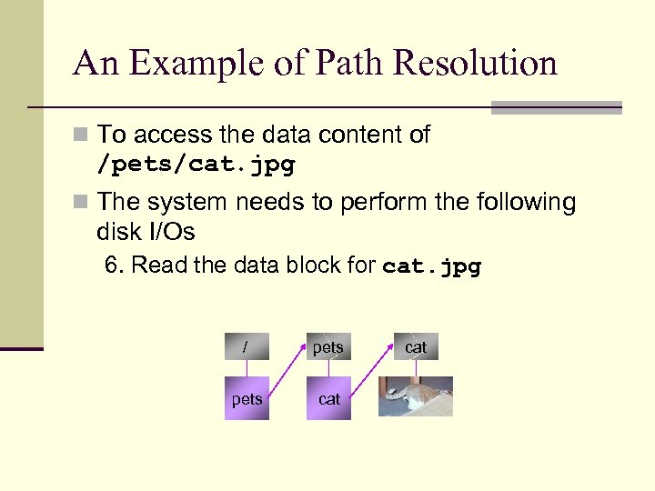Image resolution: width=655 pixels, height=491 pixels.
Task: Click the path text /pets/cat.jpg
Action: (x=196, y=165)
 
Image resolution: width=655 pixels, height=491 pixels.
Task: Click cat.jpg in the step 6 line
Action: (x=432, y=266)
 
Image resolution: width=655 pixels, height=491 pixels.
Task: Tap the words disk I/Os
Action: (x=146, y=232)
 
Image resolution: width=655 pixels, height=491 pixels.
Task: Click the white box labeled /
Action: (x=247, y=347)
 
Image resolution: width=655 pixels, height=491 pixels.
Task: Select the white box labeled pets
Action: (x=328, y=347)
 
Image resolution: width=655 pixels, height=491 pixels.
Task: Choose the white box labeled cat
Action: (x=416, y=347)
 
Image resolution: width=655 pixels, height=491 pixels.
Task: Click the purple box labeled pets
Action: (x=247, y=398)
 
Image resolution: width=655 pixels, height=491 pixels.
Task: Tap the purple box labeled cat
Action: (x=328, y=398)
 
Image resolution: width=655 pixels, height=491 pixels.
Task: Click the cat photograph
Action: (x=416, y=396)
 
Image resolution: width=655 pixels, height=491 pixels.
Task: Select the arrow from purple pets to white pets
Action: (x=287, y=373)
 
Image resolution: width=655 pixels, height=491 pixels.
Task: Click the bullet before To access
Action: (x=83, y=135)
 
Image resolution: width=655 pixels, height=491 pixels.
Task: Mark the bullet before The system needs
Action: (x=83, y=202)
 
